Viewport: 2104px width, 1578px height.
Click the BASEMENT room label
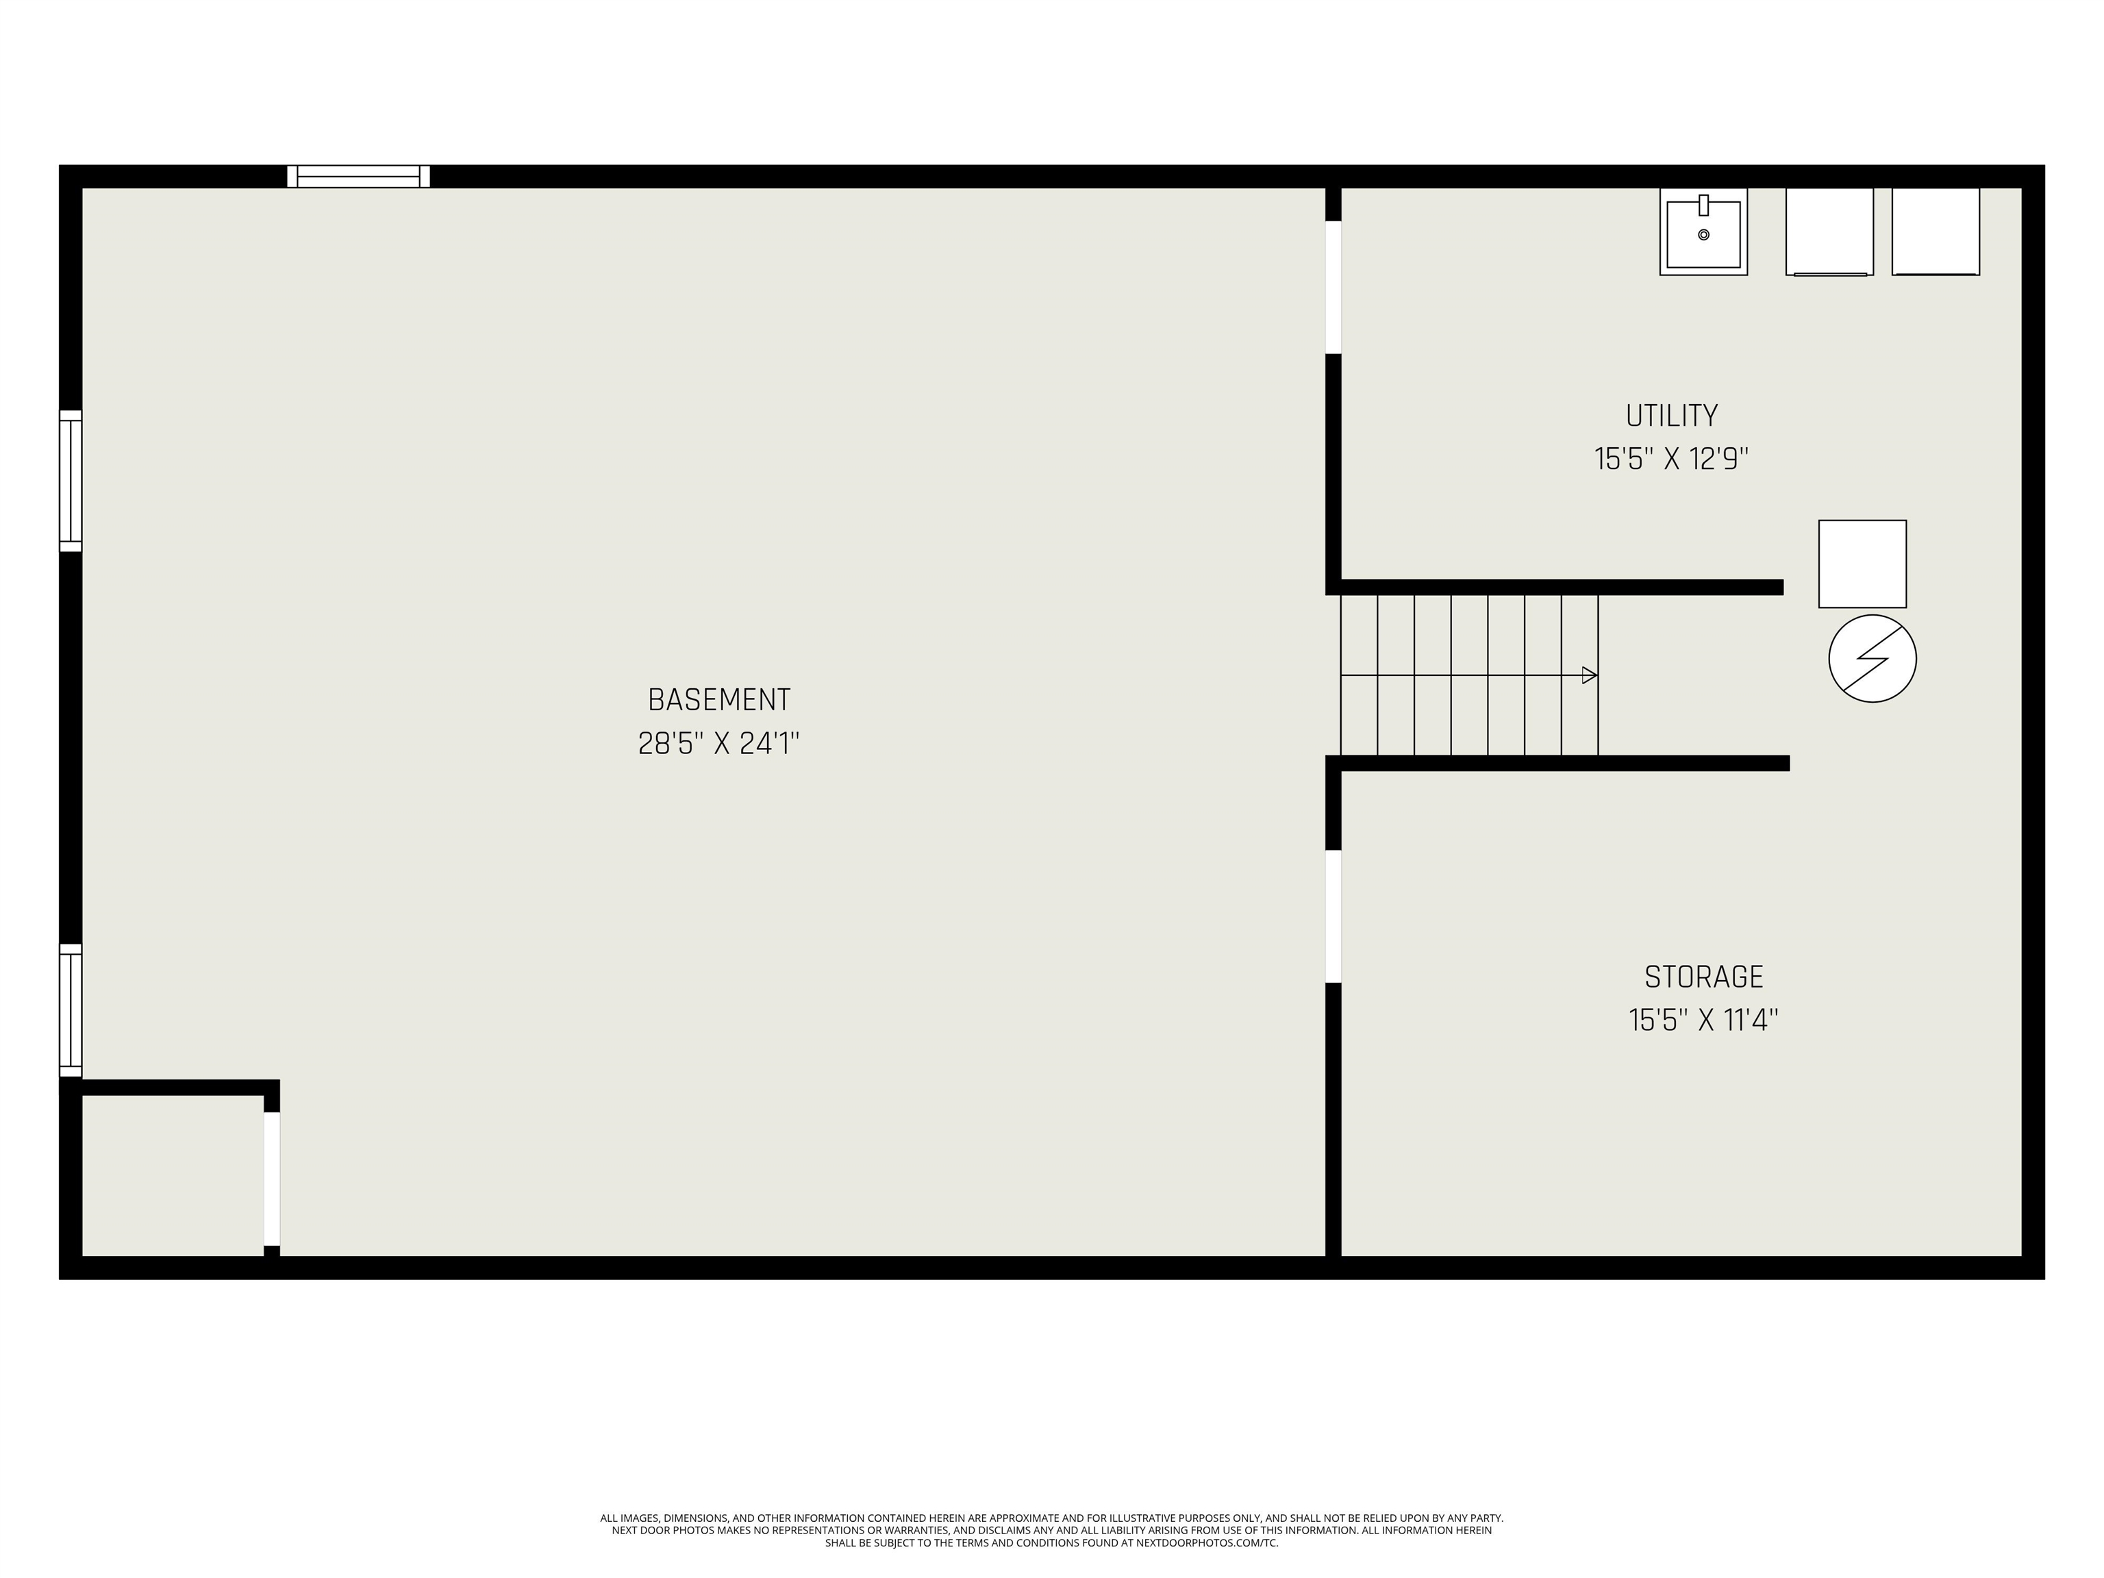[719, 700]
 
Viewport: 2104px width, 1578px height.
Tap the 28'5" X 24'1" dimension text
[719, 743]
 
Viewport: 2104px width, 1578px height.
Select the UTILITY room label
[1671, 416]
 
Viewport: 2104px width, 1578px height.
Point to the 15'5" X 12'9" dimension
[1671, 460]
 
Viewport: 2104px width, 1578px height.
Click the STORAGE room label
[1703, 977]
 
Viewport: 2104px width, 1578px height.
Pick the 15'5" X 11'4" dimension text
[1703, 1020]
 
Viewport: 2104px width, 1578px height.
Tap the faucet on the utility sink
[1703, 205]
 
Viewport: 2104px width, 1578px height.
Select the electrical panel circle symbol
[1872, 659]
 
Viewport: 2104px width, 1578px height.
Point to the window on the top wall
[359, 177]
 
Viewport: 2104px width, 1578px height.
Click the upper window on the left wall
[71, 481]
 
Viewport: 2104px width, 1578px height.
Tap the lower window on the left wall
[71, 1011]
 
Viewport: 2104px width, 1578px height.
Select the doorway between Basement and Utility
[1333, 287]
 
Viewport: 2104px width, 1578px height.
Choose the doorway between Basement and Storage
[1333, 916]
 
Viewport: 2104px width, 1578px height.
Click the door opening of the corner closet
[272, 1179]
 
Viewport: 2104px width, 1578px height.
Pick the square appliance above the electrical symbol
[1862, 564]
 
